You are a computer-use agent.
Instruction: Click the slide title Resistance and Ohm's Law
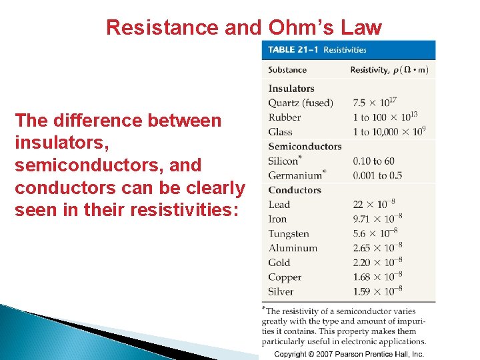pyautogui.click(x=244, y=27)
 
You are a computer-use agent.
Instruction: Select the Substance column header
pyautogui.click(x=287, y=70)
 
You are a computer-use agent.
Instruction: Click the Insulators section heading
pyautogui.click(x=291, y=89)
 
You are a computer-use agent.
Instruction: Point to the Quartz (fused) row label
pyautogui.click(x=300, y=103)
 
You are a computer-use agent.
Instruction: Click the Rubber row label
pyautogui.click(x=285, y=117)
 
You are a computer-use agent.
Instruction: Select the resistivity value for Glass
pyautogui.click(x=389, y=132)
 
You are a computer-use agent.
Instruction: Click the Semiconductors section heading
pyautogui.click(x=305, y=147)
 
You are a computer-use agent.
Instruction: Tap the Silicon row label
pyautogui.click(x=283, y=161)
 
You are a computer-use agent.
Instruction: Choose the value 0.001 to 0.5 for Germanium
pyautogui.click(x=377, y=175)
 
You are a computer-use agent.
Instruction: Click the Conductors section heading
pyautogui.click(x=295, y=190)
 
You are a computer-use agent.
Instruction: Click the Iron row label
pyautogui.click(x=277, y=219)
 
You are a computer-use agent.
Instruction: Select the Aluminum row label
pyautogui.click(x=293, y=248)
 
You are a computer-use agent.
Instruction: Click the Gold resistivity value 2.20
pyautogui.click(x=377, y=263)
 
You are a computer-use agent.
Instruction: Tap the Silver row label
pyautogui.click(x=281, y=291)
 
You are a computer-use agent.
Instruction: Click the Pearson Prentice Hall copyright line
pyautogui.click(x=349, y=354)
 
